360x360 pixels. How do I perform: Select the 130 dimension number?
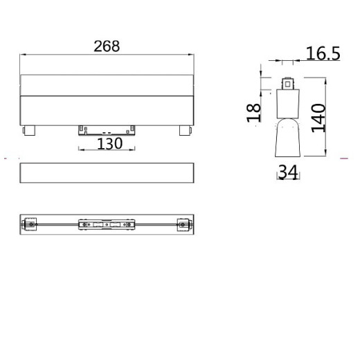point(109,143)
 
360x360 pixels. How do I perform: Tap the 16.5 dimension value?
point(321,54)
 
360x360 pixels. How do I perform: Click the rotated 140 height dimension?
point(318,119)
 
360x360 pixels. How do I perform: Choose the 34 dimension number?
point(288,174)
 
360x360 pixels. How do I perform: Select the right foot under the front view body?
point(184,129)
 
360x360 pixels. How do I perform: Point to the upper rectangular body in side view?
point(287,103)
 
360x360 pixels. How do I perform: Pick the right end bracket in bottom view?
point(183,224)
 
